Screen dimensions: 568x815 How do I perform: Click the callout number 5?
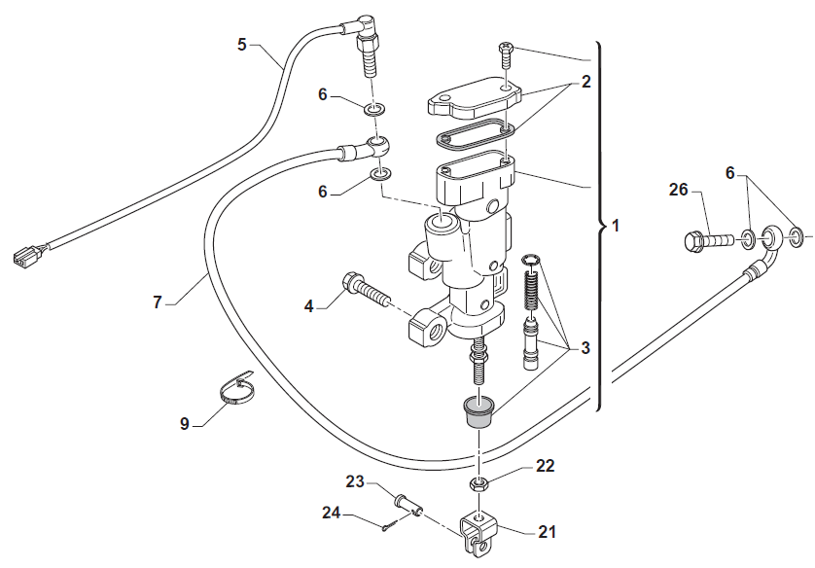click(x=242, y=44)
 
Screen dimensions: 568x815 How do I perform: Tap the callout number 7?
click(x=158, y=302)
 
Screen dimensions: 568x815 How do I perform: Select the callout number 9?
click(x=185, y=423)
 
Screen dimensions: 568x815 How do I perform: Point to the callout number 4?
click(x=309, y=306)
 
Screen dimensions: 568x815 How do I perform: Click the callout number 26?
click(x=678, y=191)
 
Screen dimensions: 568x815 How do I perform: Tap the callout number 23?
click(x=354, y=480)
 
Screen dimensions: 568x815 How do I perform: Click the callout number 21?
click(x=547, y=531)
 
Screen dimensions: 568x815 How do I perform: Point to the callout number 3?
click(x=585, y=347)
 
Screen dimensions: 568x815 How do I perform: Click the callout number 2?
click(x=585, y=83)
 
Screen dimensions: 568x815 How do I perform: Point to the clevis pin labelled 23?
click(x=407, y=503)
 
